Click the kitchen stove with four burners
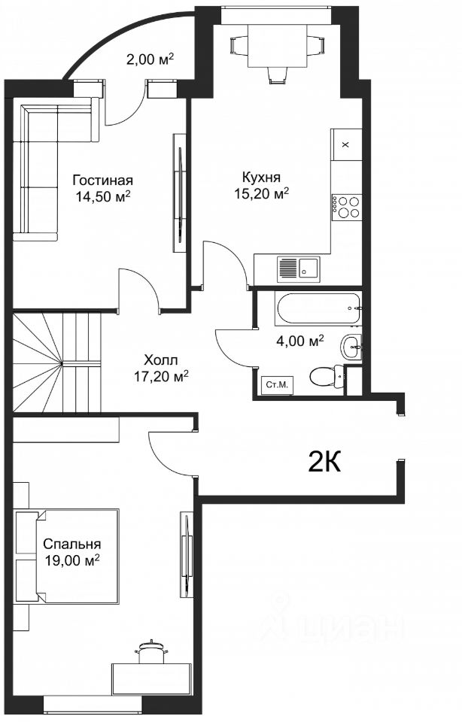click(x=346, y=206)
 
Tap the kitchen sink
click(x=297, y=269)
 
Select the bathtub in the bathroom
click(x=318, y=309)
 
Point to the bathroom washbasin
click(x=351, y=346)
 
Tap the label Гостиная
click(x=103, y=180)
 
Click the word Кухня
click(x=262, y=177)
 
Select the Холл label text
click(x=160, y=359)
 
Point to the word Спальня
click(x=71, y=544)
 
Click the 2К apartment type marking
click(x=324, y=463)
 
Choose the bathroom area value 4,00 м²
click(x=300, y=341)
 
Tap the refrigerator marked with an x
click(x=346, y=144)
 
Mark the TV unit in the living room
click(x=180, y=193)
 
